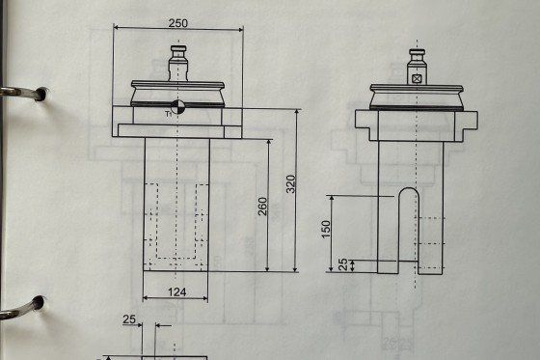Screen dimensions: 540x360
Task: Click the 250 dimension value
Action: (178, 23)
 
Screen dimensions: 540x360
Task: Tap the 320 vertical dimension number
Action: (291, 184)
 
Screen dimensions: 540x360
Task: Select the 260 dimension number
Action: (262, 207)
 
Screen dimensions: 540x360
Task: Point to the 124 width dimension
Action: (177, 292)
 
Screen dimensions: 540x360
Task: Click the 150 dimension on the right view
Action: (326, 230)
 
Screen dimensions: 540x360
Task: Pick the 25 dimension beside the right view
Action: (343, 264)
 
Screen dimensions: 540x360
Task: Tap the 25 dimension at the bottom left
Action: (129, 319)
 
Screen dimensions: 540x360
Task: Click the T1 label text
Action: (169, 114)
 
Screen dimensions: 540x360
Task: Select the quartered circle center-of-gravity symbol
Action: (177, 106)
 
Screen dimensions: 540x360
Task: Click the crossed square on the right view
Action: (417, 79)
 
